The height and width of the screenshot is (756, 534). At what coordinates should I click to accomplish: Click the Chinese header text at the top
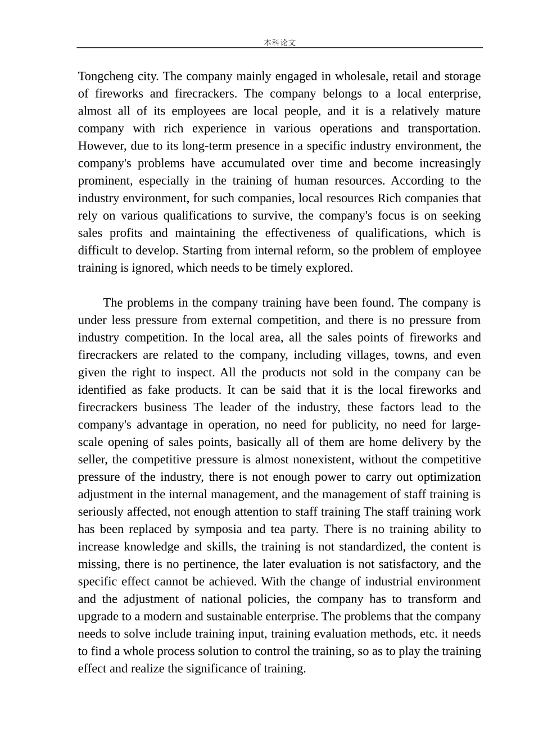click(279, 43)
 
